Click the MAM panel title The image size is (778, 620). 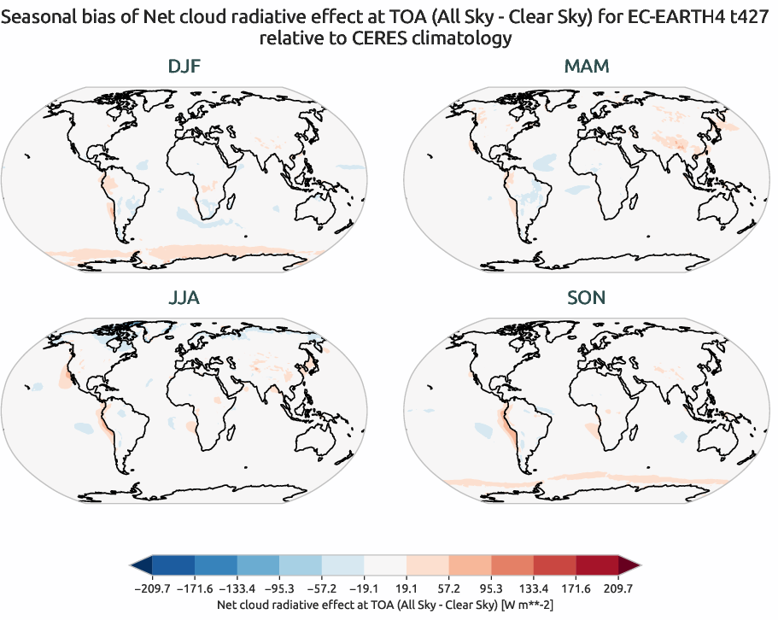tap(587, 67)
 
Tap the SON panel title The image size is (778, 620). tap(587, 298)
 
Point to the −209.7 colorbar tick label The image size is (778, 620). tap(153, 588)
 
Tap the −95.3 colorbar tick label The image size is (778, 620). tap(280, 588)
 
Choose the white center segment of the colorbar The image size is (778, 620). tap(386, 565)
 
